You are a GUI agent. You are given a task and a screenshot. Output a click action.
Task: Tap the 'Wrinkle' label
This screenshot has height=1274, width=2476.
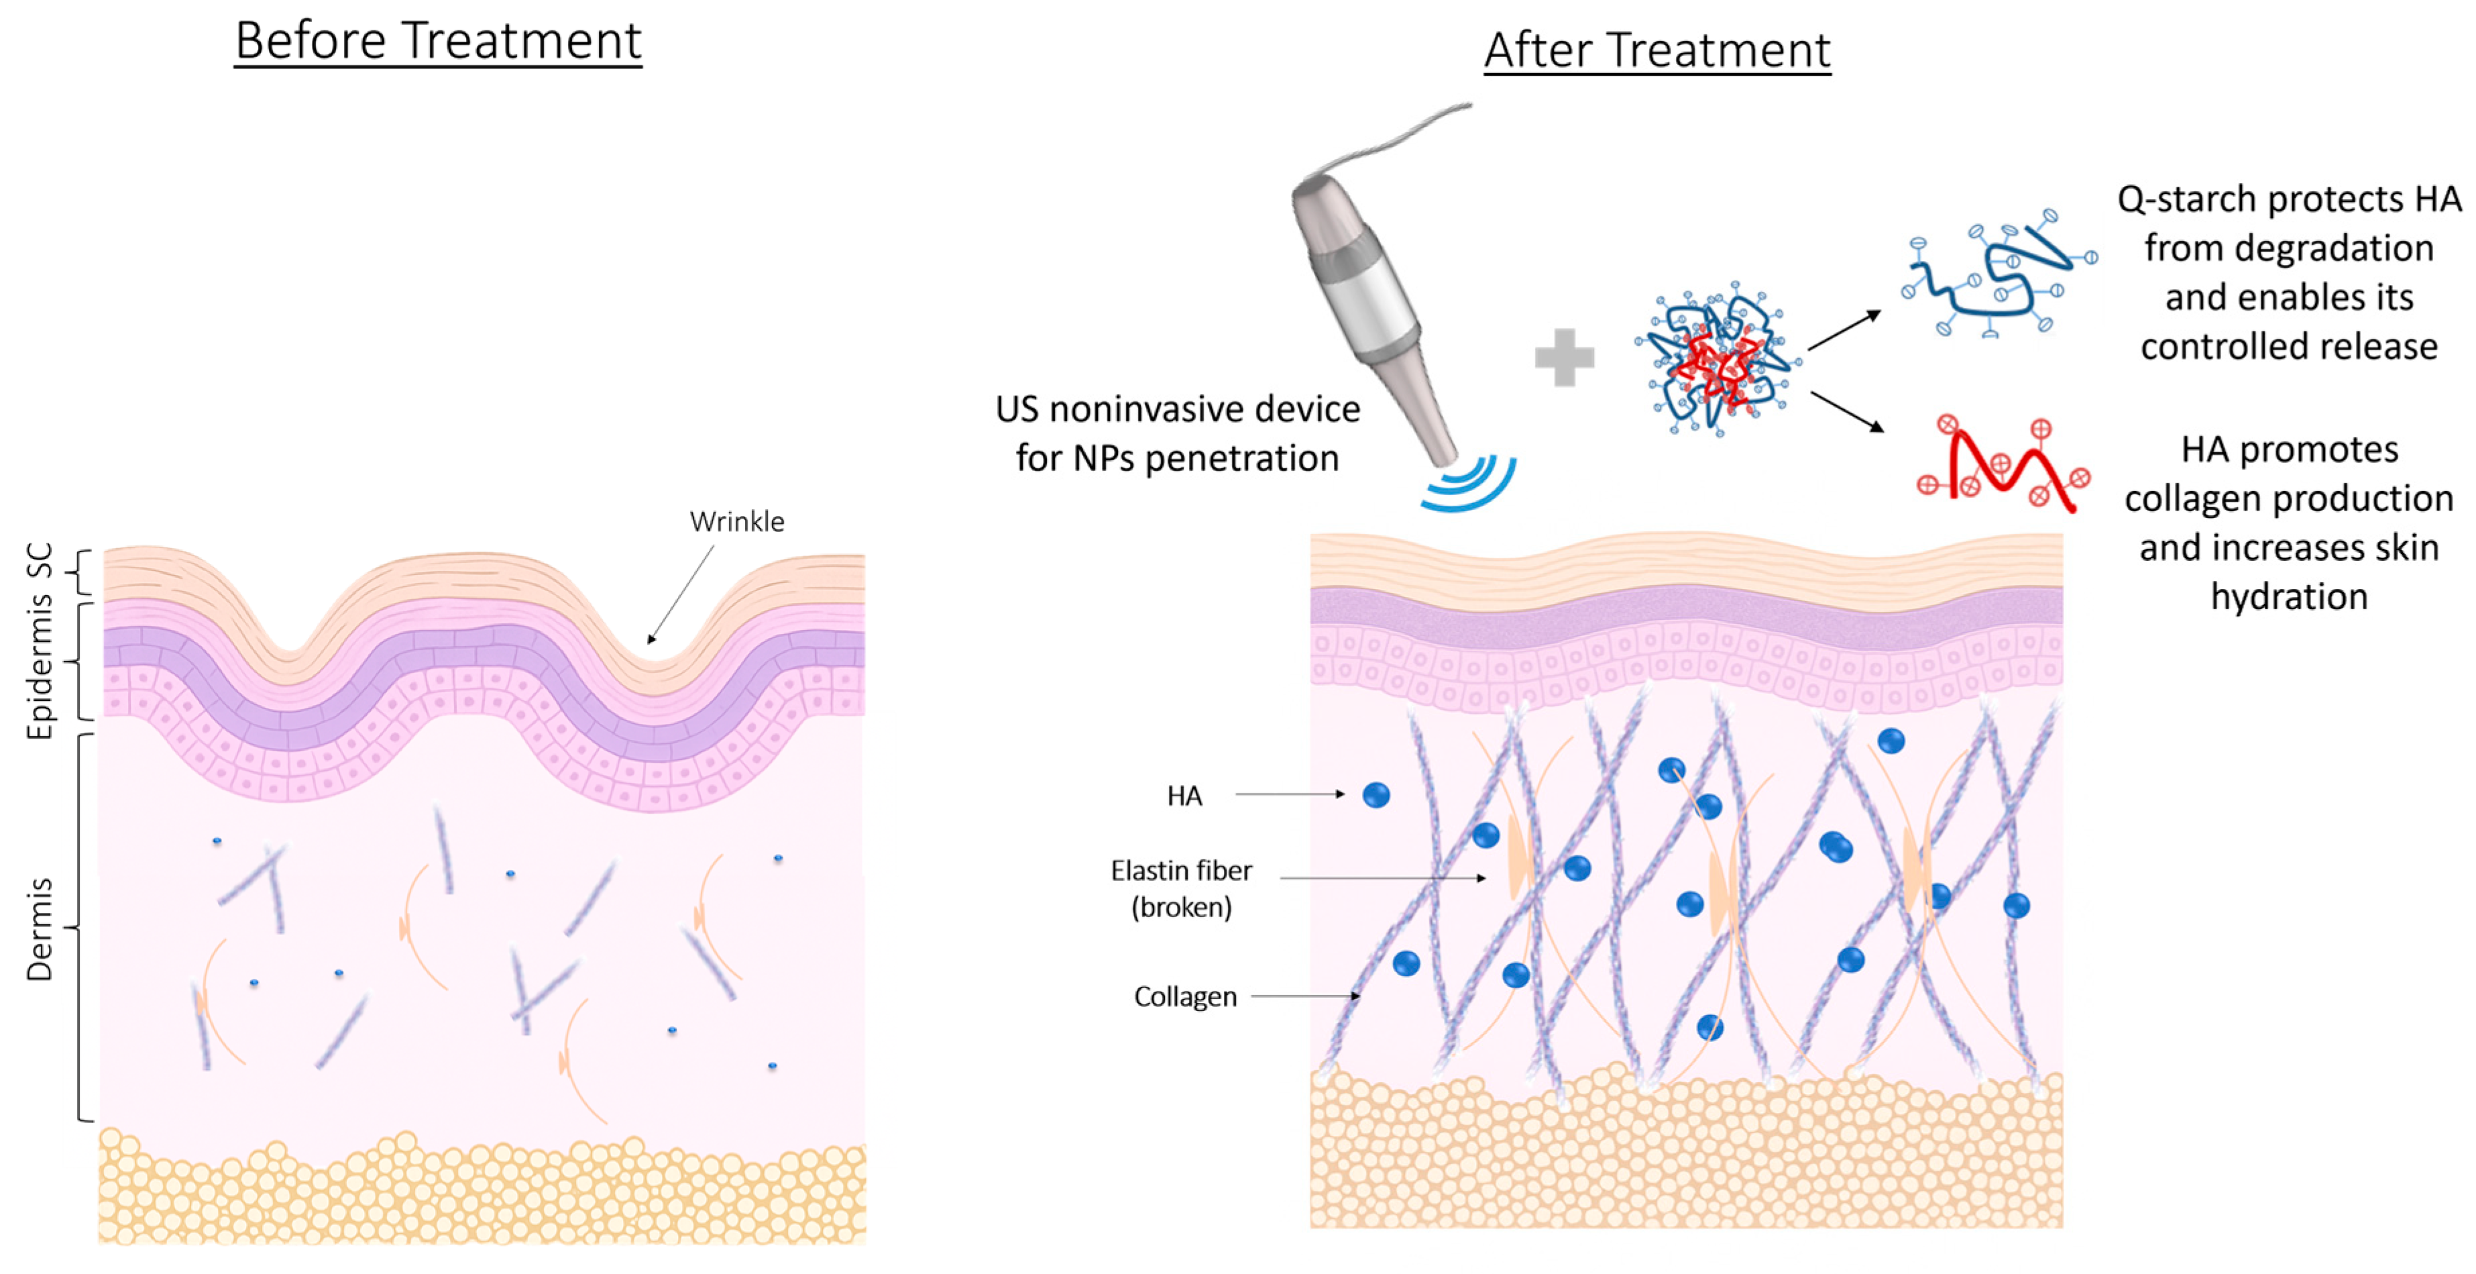736,522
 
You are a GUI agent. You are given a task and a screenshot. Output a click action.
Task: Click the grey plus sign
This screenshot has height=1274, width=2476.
1564,357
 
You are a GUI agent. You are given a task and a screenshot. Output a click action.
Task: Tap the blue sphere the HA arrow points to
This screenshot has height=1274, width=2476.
1375,795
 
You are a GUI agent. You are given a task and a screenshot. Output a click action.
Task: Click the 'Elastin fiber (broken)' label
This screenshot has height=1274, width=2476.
1181,888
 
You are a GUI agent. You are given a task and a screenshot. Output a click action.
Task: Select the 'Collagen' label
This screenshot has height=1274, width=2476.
1185,997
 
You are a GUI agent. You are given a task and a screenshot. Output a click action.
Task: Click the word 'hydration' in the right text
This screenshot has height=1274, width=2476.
2289,597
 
